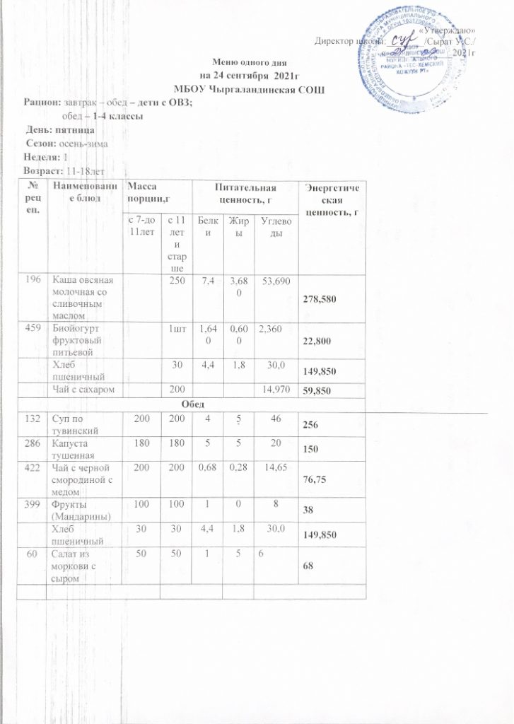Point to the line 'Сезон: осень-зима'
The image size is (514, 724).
(x=66, y=144)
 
